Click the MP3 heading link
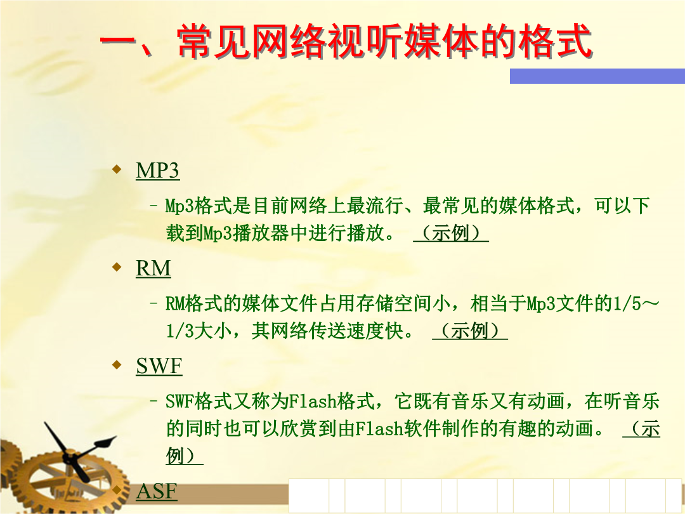coord(157,171)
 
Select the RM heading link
coord(153,268)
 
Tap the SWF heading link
coord(159,366)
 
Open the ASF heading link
coord(157,491)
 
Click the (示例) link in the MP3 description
coord(451,233)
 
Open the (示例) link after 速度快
coord(470,331)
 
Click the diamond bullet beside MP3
coord(117,169)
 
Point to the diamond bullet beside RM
coord(117,267)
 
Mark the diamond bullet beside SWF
coord(117,364)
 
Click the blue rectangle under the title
coord(597,76)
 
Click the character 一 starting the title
coord(118,43)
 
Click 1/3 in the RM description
coord(179,331)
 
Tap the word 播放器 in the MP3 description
coord(261,233)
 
